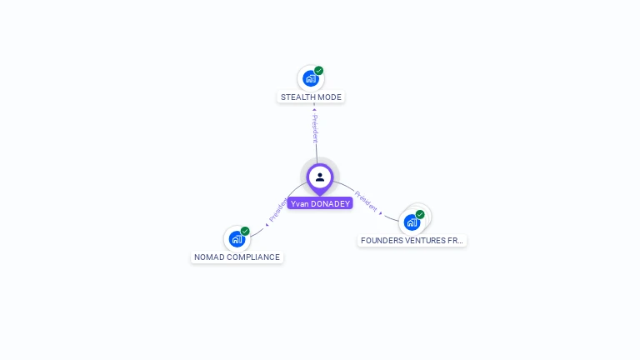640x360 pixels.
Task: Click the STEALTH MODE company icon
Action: tap(311, 79)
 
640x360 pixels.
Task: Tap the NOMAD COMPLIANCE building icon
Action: tap(237, 239)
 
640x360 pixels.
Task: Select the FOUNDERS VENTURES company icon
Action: tap(412, 222)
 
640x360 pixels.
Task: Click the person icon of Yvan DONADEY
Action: tap(320, 177)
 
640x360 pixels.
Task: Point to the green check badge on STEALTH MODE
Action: tap(319, 71)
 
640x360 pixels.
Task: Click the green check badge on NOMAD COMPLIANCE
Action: tap(245, 231)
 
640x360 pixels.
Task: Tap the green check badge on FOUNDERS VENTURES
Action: tap(420, 214)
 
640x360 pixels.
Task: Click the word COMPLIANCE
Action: tap(254, 257)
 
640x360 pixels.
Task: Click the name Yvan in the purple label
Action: tap(300, 203)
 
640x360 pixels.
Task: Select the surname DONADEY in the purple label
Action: tap(331, 203)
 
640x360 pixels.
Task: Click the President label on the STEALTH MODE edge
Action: tap(315, 129)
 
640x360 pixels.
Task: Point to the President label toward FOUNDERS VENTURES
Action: tap(366, 199)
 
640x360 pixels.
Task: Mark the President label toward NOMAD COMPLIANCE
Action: tap(277, 210)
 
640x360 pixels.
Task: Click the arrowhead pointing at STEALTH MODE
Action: tap(314, 108)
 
